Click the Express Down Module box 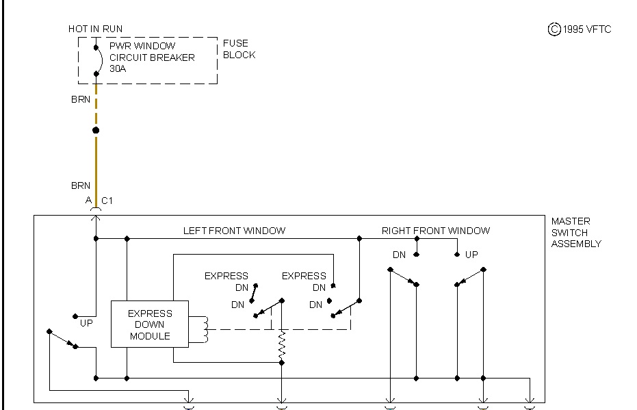(x=149, y=324)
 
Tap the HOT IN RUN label (x=96, y=29)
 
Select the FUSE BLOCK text (x=239, y=49)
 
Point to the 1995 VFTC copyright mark (x=580, y=29)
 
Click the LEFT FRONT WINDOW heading (x=234, y=231)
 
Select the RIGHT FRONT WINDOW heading (x=436, y=231)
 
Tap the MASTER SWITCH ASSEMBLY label (x=576, y=232)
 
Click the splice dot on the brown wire (x=96, y=130)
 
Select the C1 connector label (x=107, y=201)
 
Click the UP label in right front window (x=471, y=255)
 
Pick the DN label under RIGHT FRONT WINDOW (x=399, y=255)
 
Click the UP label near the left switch (x=86, y=322)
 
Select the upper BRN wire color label (x=81, y=100)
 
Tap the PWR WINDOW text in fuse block (x=142, y=46)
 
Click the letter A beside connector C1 (x=88, y=201)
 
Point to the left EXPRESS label (x=226, y=276)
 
